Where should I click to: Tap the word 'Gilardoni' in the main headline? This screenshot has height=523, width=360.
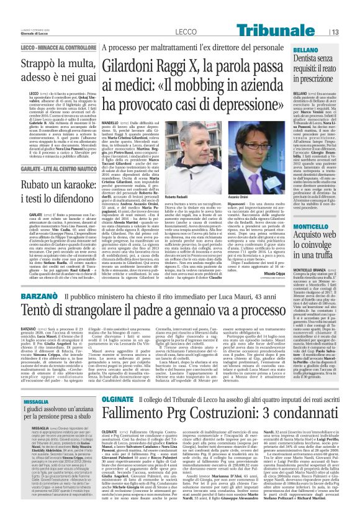[x=137, y=63]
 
